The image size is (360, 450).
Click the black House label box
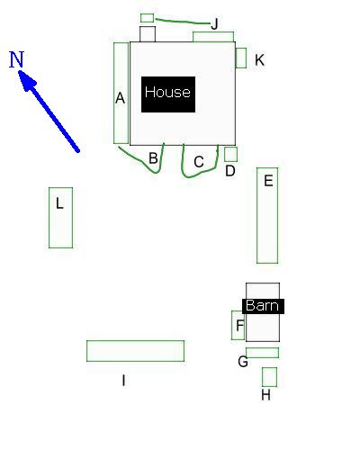(168, 94)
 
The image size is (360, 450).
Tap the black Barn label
(263, 306)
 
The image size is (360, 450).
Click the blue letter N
(16, 59)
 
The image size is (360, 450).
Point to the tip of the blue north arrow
(19, 71)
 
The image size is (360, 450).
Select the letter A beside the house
(120, 98)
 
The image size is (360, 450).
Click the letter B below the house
(153, 157)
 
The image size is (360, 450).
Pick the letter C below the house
(199, 162)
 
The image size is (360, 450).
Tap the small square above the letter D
(230, 154)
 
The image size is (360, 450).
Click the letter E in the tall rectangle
(268, 181)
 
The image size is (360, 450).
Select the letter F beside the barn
(240, 326)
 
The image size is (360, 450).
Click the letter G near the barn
(243, 362)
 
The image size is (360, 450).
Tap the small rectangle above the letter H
(269, 377)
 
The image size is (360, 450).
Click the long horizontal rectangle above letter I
(135, 351)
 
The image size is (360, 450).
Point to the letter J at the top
(214, 24)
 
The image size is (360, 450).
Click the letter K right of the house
(259, 60)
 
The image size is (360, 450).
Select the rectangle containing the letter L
(60, 218)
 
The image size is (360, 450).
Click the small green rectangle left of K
(241, 58)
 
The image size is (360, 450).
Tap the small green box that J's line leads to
(148, 18)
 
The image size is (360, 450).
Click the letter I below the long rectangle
(123, 381)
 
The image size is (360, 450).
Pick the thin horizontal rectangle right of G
(262, 353)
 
